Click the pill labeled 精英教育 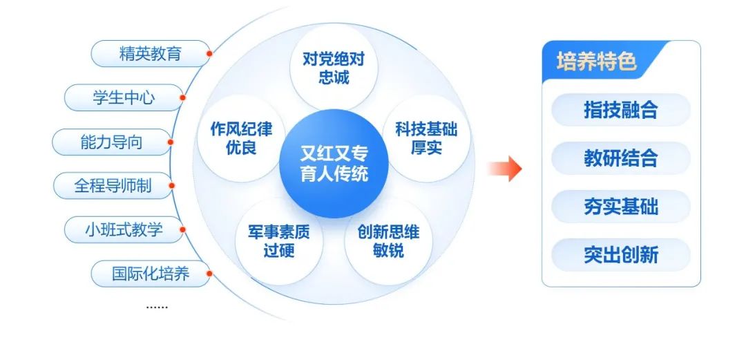[151, 54]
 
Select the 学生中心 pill [124, 98]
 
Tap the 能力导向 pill [111, 142]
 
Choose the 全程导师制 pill [113, 186]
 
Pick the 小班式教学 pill [124, 229]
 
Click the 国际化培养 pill [151, 274]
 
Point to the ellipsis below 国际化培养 [157, 305]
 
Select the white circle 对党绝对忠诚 [334, 68]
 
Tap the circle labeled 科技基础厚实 [426, 138]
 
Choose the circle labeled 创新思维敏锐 [388, 241]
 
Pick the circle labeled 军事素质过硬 [278, 241]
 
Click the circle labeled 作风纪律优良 [241, 138]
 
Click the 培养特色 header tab [597, 62]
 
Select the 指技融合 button [621, 110]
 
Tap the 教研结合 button [621, 158]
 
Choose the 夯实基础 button [621, 207]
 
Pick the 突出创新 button [621, 255]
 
